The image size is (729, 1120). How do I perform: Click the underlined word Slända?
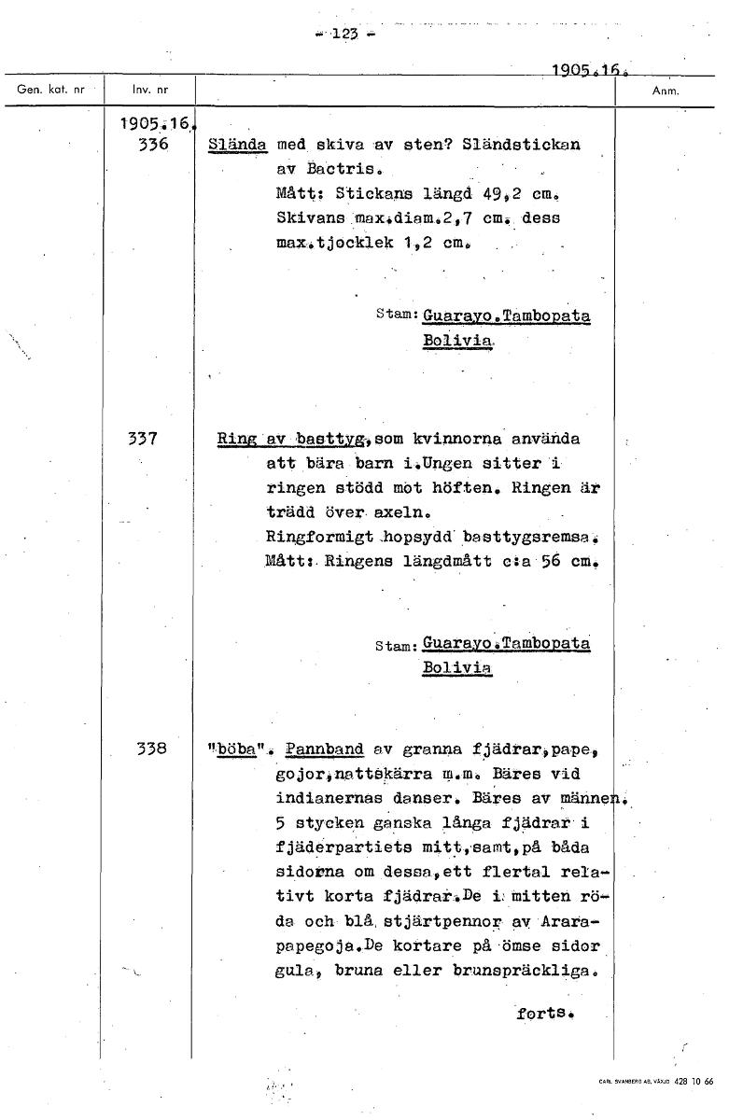coord(237,146)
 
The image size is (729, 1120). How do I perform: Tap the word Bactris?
coord(339,171)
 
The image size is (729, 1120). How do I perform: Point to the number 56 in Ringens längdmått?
coord(546,563)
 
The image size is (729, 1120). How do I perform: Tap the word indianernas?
coord(332,798)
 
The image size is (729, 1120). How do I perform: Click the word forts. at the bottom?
coord(543,1011)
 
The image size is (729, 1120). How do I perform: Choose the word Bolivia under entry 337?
coord(456,668)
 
